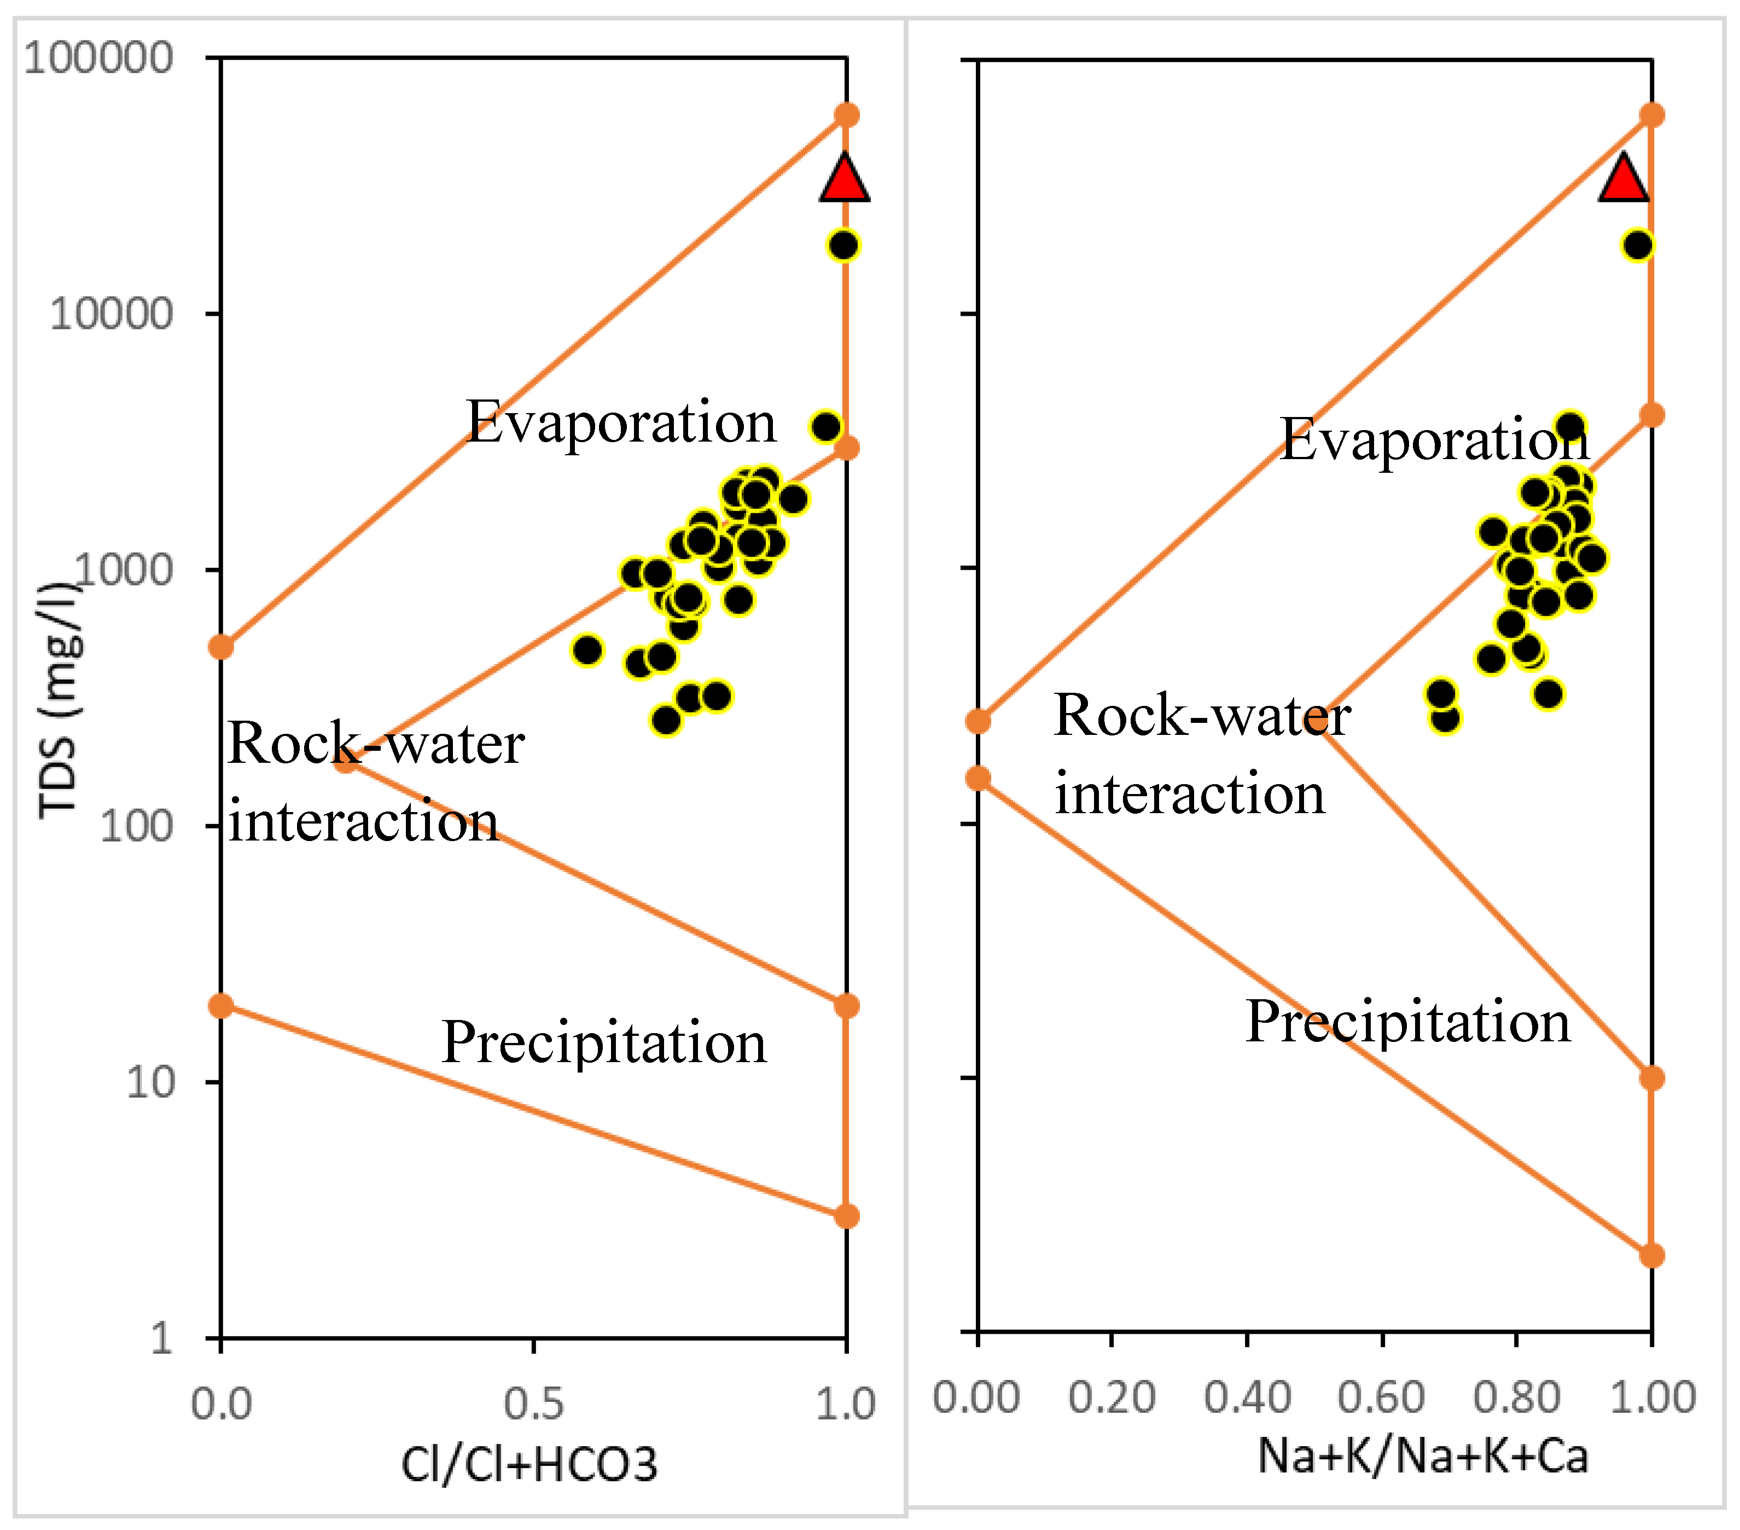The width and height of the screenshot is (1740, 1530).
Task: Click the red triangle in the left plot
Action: pos(845,181)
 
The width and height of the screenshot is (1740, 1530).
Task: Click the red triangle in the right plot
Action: pos(1623,181)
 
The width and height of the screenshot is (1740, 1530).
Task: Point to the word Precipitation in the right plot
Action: pos(1407,1021)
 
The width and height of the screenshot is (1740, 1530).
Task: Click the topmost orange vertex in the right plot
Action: pos(1651,115)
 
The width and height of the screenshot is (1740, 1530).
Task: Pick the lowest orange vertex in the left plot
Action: pos(845,1216)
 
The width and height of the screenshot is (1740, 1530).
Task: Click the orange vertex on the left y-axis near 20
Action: pos(222,1006)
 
